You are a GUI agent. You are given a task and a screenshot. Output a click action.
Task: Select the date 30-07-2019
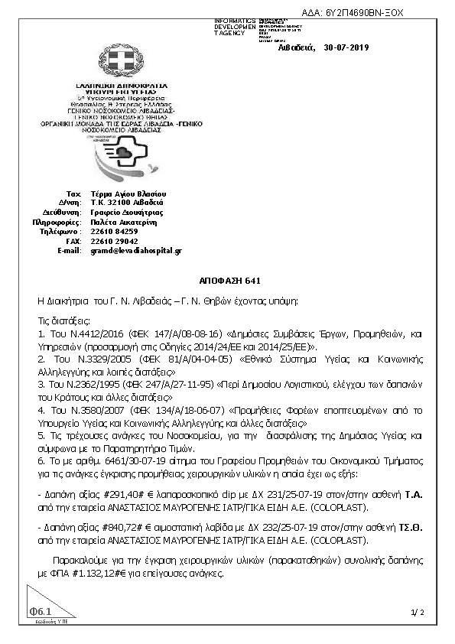pos(346,47)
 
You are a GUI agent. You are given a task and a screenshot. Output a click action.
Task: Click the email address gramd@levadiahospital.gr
pos(136,250)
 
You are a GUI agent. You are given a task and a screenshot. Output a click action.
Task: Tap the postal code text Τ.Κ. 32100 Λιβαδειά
pos(122,200)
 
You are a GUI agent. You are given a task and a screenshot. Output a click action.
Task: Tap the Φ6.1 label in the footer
pos(40,612)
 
